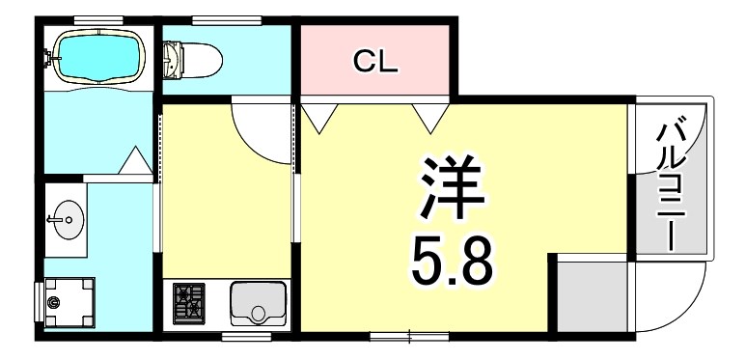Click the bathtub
point(98,57)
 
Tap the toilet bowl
point(193,60)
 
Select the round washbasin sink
point(67,219)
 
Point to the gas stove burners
point(188,303)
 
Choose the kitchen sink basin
point(258,304)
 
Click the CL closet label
point(374,61)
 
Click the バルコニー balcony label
point(671,187)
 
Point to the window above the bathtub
point(98,20)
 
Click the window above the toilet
point(227,20)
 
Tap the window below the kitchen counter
point(246,337)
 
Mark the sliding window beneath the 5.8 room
point(409,337)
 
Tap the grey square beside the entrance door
point(592,296)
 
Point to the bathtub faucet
point(49,58)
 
